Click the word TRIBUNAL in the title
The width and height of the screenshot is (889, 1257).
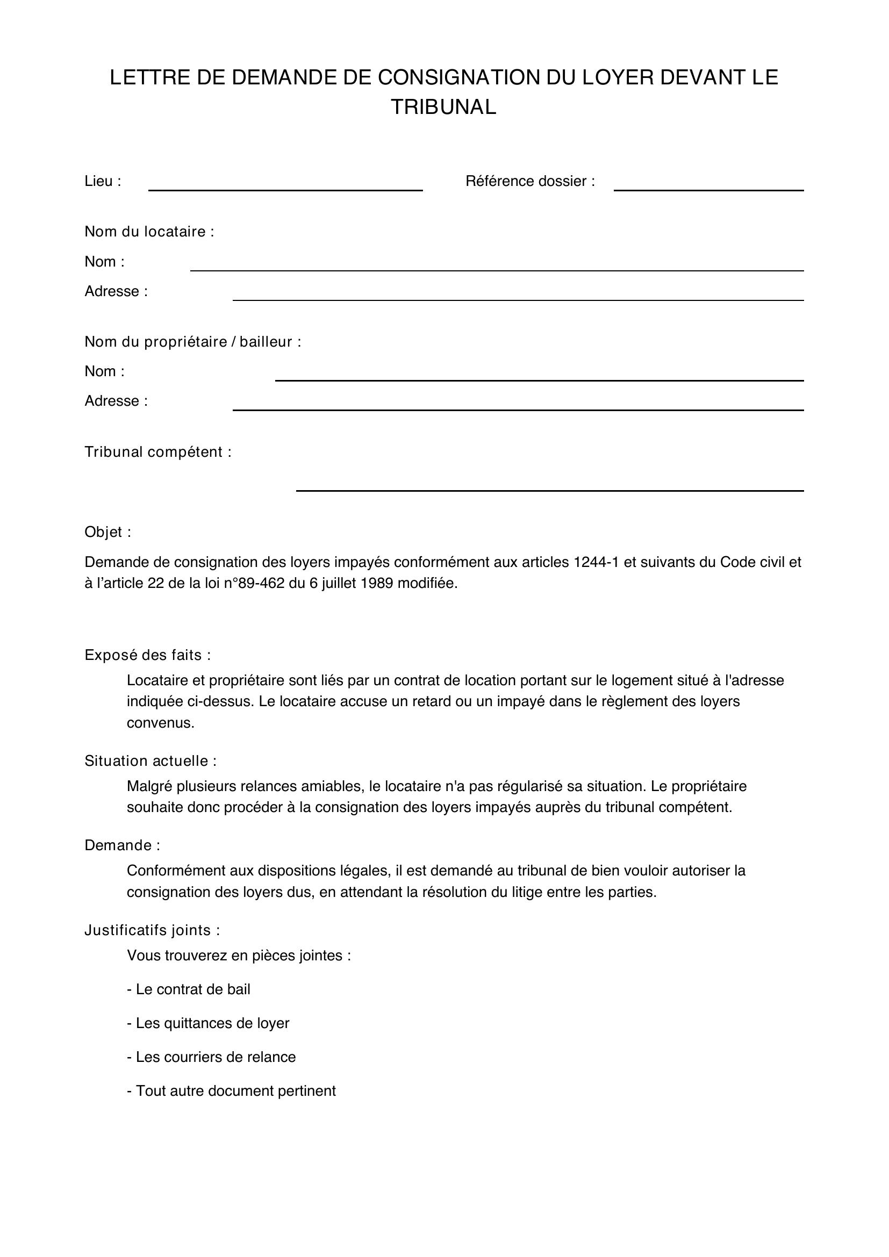(x=443, y=107)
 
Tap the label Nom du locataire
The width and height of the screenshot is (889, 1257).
(x=149, y=232)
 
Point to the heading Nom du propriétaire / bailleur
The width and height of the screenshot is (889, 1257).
(x=193, y=342)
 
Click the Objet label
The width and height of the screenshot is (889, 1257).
(x=108, y=532)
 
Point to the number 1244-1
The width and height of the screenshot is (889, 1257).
(x=596, y=562)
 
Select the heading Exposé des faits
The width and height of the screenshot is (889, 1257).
(x=147, y=655)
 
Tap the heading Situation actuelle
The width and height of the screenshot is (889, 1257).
(x=150, y=761)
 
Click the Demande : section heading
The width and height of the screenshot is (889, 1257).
(x=122, y=845)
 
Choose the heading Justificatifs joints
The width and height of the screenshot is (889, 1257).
(x=152, y=930)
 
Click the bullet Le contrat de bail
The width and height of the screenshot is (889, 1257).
(x=189, y=989)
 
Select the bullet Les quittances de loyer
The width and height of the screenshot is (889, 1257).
(x=208, y=1023)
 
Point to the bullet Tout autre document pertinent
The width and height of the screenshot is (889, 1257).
(x=232, y=1090)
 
